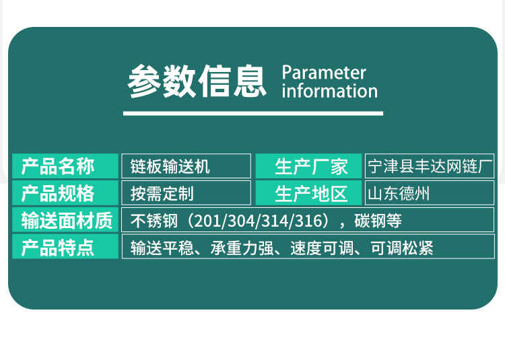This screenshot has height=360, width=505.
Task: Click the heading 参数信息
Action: click(x=197, y=81)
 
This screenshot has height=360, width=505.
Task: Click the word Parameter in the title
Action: click(x=324, y=72)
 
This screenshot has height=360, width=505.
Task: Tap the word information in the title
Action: click(x=329, y=90)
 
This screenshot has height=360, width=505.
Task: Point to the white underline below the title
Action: click(x=252, y=113)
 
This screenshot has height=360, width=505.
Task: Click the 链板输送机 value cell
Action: click(x=186, y=166)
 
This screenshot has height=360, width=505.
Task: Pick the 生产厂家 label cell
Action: click(x=309, y=166)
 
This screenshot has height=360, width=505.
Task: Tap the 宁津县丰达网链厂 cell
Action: click(x=430, y=166)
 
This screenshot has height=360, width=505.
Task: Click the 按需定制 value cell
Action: click(x=186, y=194)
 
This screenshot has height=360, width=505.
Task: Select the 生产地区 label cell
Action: click(x=309, y=194)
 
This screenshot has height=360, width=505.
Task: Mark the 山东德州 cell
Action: click(x=430, y=194)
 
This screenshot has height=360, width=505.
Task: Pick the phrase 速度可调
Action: click(x=316, y=248)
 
